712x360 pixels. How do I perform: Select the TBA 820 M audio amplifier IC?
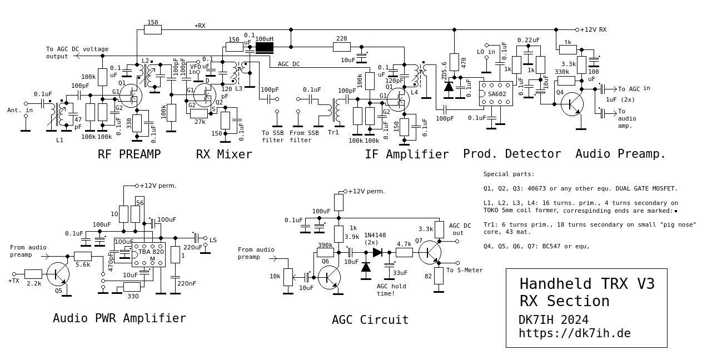pyautogui.click(x=147, y=256)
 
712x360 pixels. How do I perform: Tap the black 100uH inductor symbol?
pyautogui.click(x=265, y=48)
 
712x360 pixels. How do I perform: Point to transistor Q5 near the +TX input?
pyautogui.click(x=58, y=273)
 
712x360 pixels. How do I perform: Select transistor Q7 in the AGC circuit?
pyautogui.click(x=430, y=252)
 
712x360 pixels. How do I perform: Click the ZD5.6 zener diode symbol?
pyautogui.click(x=449, y=86)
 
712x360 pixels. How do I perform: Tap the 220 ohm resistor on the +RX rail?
pyautogui.click(x=342, y=47)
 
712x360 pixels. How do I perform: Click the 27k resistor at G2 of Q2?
pyautogui.click(x=198, y=113)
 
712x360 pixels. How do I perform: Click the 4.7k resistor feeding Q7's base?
pyautogui.click(x=404, y=252)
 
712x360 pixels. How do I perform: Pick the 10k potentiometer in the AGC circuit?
pyautogui.click(x=288, y=277)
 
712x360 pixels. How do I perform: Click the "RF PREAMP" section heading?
pyautogui.click(x=130, y=154)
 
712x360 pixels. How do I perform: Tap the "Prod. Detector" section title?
pyautogui.click(x=512, y=154)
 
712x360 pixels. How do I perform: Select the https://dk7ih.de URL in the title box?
pyautogui.click(x=575, y=333)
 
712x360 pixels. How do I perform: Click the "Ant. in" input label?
pyautogui.click(x=19, y=111)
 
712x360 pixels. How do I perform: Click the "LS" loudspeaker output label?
pyautogui.click(x=213, y=240)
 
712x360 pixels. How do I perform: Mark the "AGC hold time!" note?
pyautogui.click(x=391, y=289)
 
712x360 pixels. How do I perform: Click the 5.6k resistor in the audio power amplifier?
pyautogui.click(x=83, y=256)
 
